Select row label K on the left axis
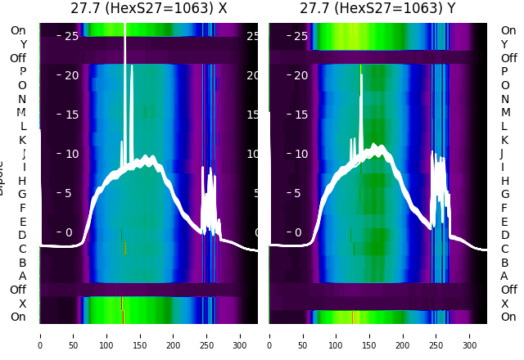(22, 140)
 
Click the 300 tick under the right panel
(470, 335)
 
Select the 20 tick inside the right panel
(300, 75)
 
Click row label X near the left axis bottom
(22, 304)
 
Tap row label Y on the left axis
(22, 44)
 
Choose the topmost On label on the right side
(508, 30)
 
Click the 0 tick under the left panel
(40, 335)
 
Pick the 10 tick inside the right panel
(300, 154)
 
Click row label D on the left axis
(22, 235)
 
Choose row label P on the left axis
(22, 71)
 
